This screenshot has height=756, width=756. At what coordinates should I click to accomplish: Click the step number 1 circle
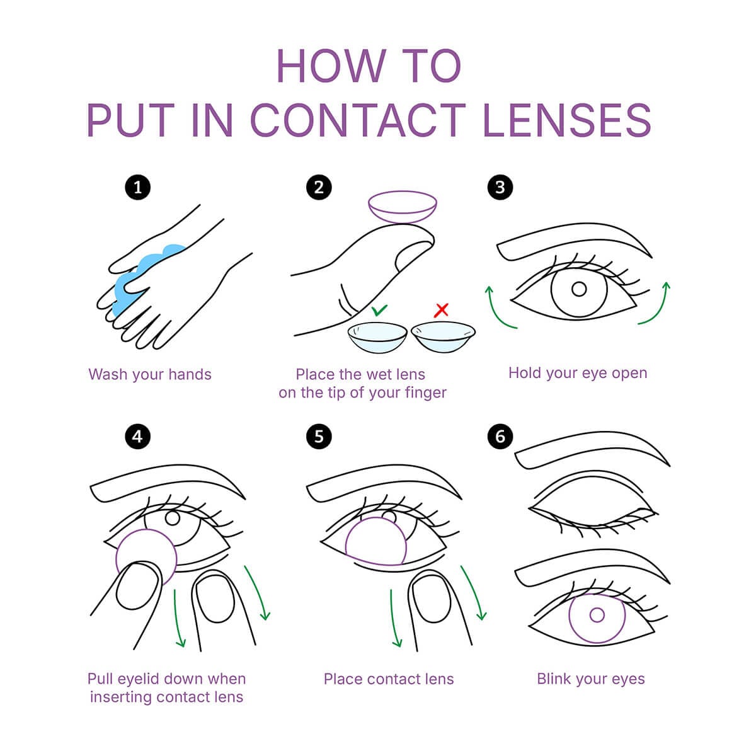(138, 187)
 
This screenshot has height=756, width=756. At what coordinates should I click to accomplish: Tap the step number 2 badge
(319, 187)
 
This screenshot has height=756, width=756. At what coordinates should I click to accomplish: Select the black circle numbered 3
(500, 187)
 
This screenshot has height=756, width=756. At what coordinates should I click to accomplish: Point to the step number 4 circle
(138, 436)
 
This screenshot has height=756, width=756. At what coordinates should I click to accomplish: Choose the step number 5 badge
(319, 436)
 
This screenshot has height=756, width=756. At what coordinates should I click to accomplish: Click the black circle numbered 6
(500, 436)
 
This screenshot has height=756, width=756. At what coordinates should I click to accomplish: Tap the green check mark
(379, 311)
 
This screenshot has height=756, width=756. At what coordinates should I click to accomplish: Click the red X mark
(442, 310)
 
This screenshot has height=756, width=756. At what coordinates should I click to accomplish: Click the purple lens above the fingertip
(403, 207)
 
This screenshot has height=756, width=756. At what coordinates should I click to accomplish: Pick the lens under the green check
(377, 337)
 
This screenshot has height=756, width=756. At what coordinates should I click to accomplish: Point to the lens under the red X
(444, 336)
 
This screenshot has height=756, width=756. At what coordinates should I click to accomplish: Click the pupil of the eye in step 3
(579, 289)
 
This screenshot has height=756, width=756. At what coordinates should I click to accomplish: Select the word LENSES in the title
(567, 120)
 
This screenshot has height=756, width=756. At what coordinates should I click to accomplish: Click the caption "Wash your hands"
(150, 374)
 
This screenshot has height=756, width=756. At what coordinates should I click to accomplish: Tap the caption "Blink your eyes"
(591, 679)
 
